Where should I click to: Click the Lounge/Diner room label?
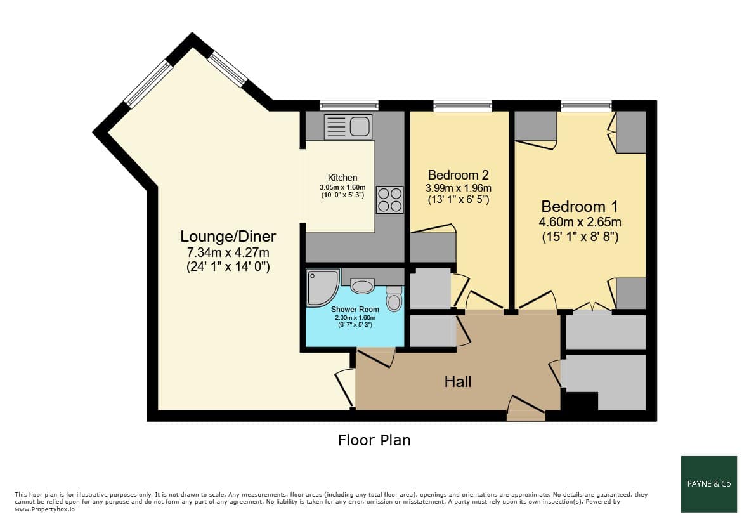pyautogui.click(x=228, y=237)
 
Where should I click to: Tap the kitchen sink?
pyautogui.click(x=348, y=127)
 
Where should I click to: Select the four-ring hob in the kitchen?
pyautogui.click(x=390, y=200)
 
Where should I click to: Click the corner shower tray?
pyautogui.click(x=322, y=287)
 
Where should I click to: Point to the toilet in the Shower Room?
pyautogui.click(x=394, y=299)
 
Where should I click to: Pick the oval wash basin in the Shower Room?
pyautogui.click(x=362, y=287)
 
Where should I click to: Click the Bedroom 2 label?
pyautogui.click(x=458, y=175)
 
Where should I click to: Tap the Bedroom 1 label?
pyautogui.click(x=580, y=206)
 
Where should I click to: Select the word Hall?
pyautogui.click(x=458, y=381)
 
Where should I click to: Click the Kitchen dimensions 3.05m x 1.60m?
pyautogui.click(x=342, y=187)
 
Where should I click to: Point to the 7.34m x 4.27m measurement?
pyautogui.click(x=228, y=252)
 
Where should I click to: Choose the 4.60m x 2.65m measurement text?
pyautogui.click(x=580, y=222)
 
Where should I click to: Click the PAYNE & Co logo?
pyautogui.click(x=709, y=484)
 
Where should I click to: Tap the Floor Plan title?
pyautogui.click(x=374, y=440)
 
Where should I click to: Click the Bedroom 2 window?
pyautogui.click(x=462, y=105)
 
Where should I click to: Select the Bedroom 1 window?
pyautogui.click(x=586, y=105)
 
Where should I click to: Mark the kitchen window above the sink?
pyautogui.click(x=349, y=105)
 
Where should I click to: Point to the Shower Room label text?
pyautogui.click(x=355, y=310)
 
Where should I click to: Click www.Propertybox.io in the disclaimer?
pyautogui.click(x=45, y=509)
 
